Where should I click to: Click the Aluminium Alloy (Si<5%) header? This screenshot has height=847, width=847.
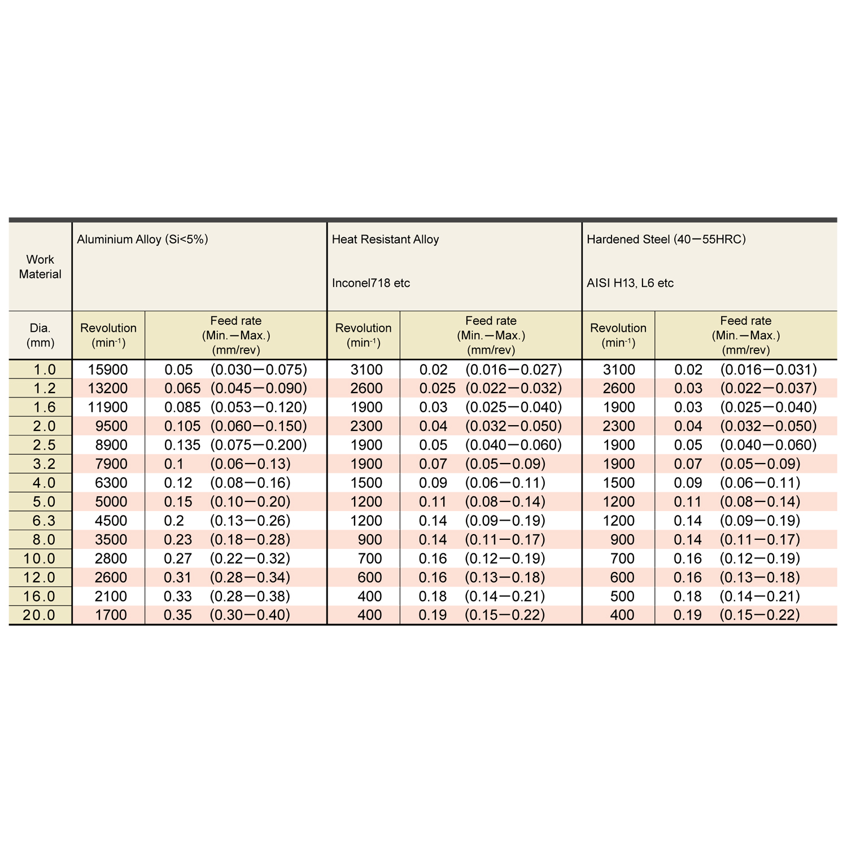[142, 239]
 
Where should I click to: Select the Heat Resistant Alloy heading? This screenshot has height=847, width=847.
[385, 239]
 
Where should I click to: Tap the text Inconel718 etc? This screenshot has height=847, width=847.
[371, 283]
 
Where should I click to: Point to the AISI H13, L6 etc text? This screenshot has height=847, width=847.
[630, 283]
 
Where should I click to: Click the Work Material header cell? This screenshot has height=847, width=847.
[40, 267]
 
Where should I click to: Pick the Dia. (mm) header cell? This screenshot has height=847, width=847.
[40, 335]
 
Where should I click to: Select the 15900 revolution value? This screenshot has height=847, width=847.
[108, 370]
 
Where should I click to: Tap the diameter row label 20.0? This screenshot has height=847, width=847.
[40, 615]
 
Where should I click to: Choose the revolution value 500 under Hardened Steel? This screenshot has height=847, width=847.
[622, 596]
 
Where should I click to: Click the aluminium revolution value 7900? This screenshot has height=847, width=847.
[111, 464]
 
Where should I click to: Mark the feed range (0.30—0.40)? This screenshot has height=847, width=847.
[250, 615]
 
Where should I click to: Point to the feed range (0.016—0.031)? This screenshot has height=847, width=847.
[769, 370]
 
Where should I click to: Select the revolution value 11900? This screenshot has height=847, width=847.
[108, 407]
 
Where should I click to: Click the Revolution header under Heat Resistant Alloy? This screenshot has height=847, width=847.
[363, 335]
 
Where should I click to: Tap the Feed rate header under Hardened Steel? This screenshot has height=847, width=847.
[745, 335]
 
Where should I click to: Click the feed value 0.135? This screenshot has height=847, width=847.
[182, 445]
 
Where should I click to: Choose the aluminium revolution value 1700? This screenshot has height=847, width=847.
[111, 615]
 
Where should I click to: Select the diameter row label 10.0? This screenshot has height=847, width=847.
[40, 558]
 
